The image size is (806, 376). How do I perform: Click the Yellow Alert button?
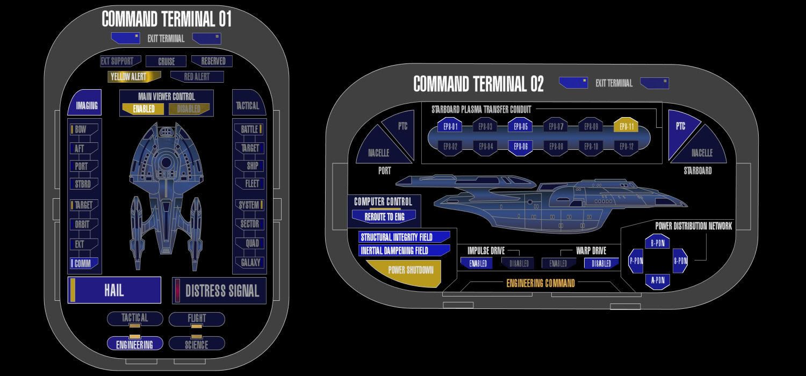click(x=126, y=76)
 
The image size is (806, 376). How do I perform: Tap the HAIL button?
click(x=114, y=291)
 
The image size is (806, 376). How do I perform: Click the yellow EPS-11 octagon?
click(x=627, y=127)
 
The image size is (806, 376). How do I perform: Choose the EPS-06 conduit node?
click(x=520, y=147)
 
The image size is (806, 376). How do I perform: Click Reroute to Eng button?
click(x=384, y=217)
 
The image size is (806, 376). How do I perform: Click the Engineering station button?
click(x=134, y=344)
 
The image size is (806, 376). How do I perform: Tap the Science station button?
click(x=197, y=344)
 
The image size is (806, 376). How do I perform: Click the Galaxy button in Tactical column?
click(x=249, y=263)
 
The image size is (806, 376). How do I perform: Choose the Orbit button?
click(x=83, y=225)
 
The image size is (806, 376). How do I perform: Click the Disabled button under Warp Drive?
click(x=601, y=264)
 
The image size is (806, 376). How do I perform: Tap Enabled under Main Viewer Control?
click(x=143, y=109)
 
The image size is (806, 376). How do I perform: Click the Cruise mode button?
click(x=167, y=61)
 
